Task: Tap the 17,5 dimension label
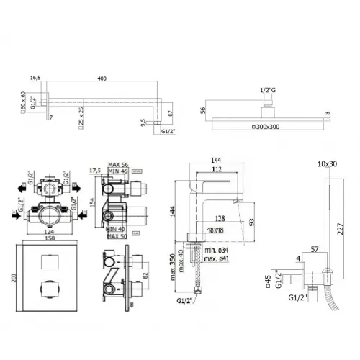[94, 171]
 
